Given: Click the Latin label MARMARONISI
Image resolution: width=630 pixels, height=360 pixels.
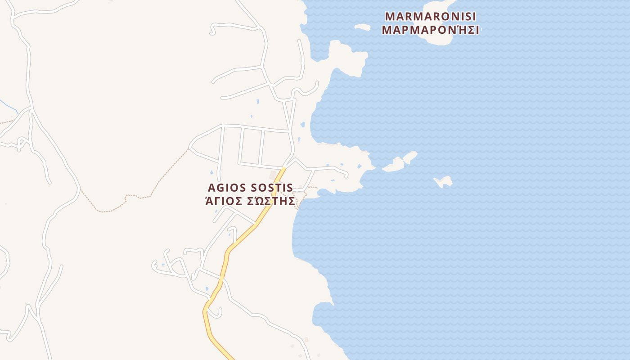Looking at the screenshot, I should point(430,17).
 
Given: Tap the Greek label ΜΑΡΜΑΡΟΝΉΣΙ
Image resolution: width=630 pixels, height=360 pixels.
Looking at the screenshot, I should point(430,31).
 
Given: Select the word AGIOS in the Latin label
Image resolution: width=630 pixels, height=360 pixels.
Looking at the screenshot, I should point(227,188).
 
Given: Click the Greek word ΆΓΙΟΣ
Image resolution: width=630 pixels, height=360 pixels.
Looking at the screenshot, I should point(224,201).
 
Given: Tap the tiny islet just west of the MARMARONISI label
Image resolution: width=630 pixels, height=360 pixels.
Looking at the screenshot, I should point(362,27).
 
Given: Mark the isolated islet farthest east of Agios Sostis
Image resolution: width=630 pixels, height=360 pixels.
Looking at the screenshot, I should point(444,182).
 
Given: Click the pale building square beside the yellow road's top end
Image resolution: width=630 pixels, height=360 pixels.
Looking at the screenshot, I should point(273,175).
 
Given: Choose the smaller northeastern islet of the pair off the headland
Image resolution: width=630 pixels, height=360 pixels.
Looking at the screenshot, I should point(410,157).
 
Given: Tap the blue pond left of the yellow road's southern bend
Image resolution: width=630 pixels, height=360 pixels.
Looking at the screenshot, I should point(207,288).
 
